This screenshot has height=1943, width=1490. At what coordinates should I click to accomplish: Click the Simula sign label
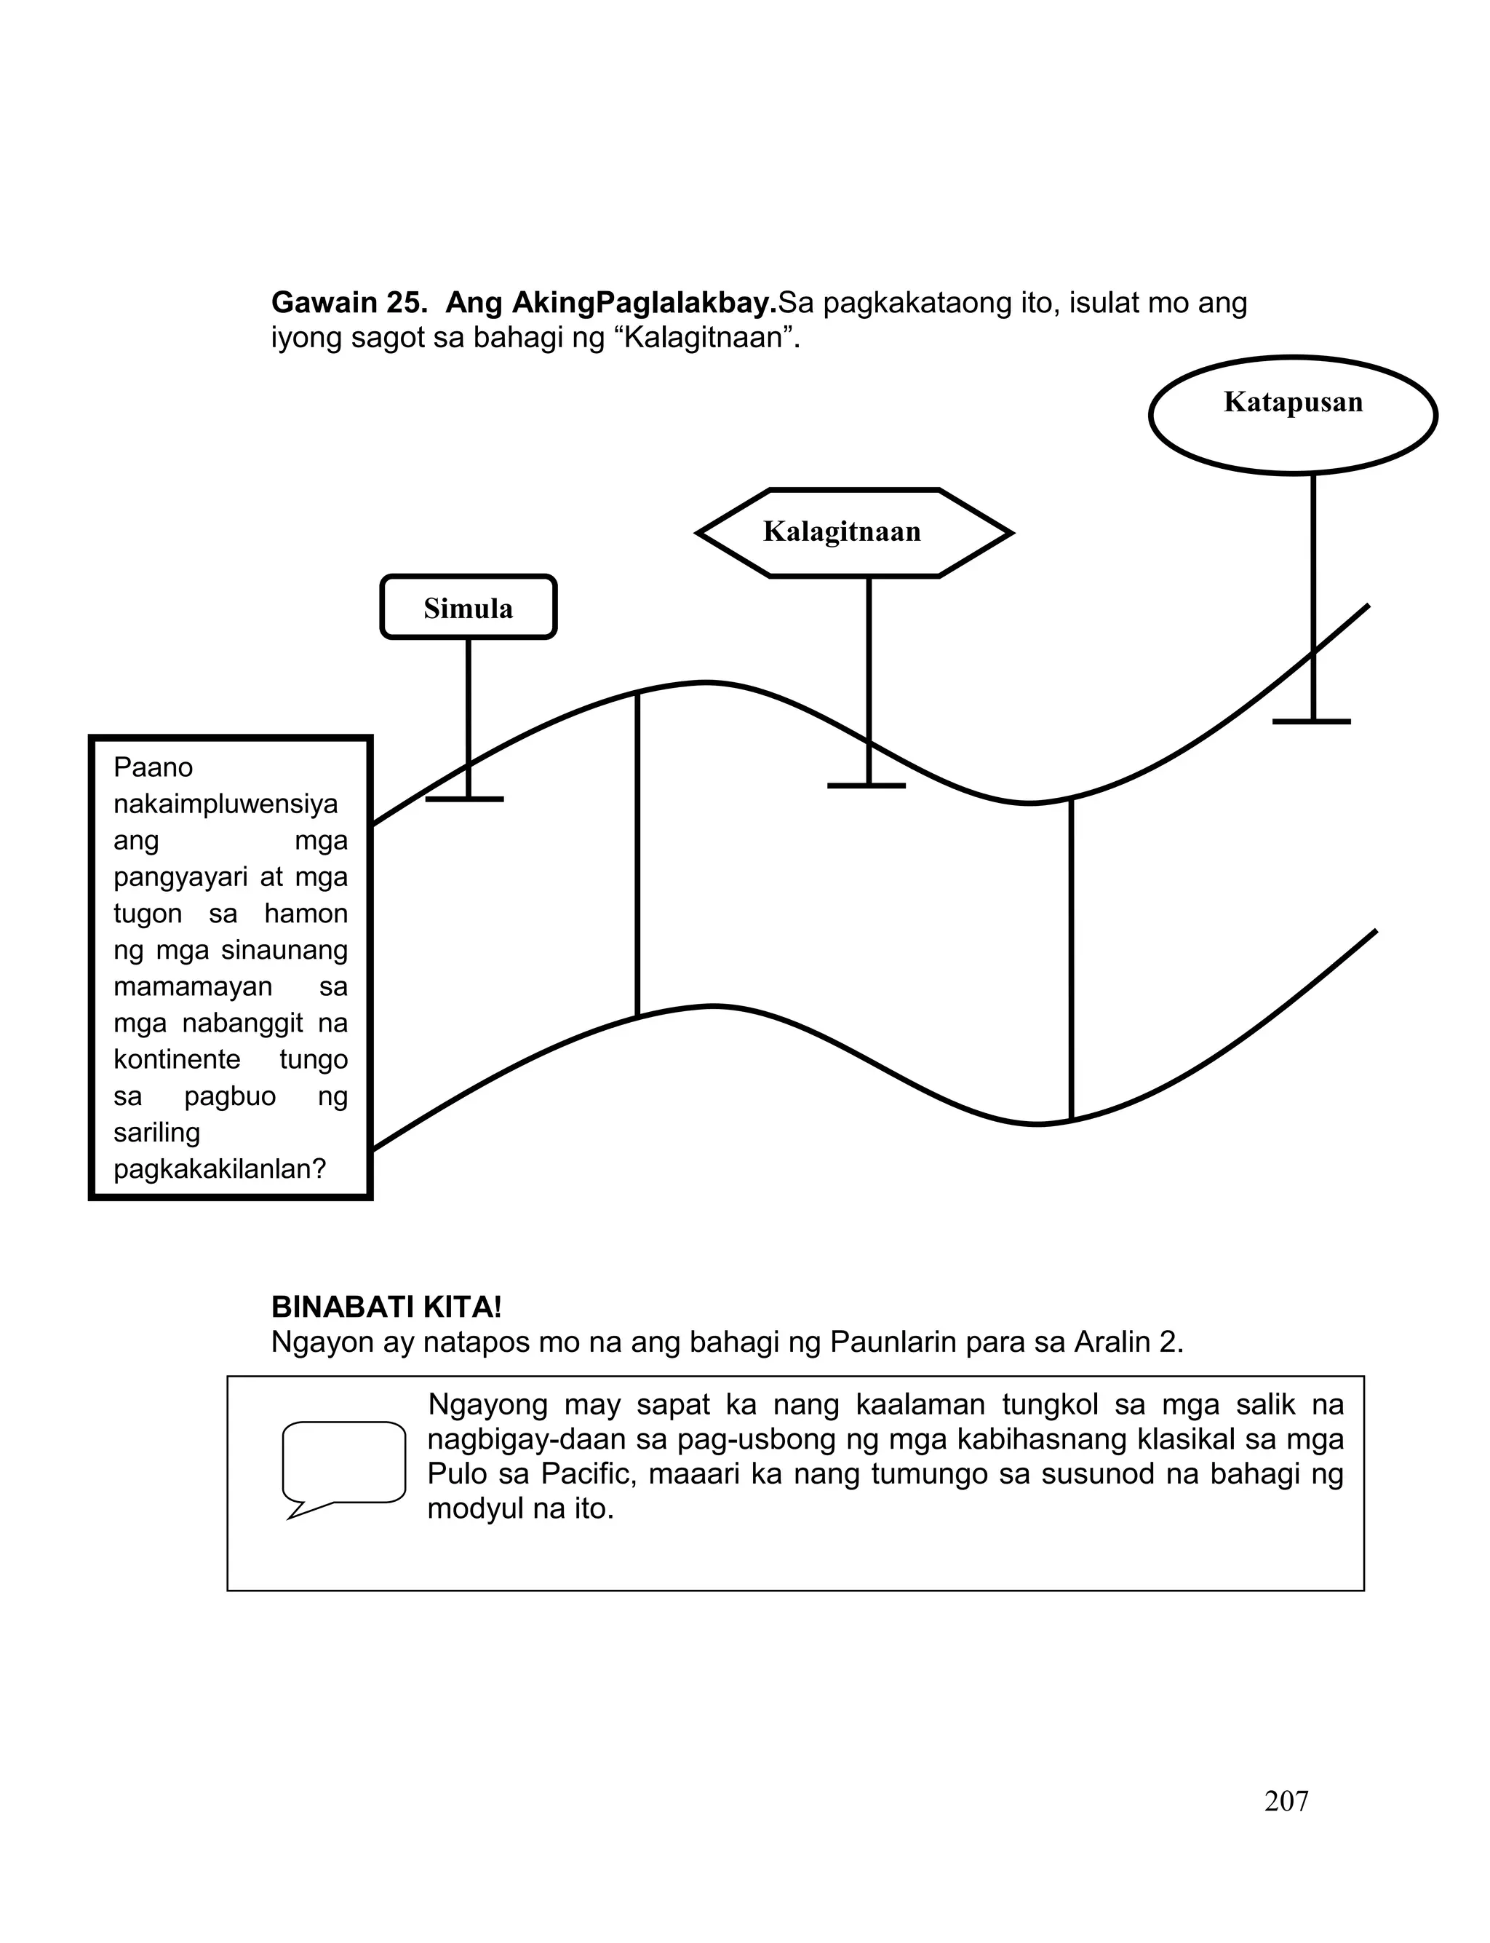pyautogui.click(x=469, y=609)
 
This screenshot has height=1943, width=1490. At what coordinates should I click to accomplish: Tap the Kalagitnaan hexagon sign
pyautogui.click(x=842, y=532)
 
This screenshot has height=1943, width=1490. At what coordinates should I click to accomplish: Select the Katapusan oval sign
pyautogui.click(x=1293, y=413)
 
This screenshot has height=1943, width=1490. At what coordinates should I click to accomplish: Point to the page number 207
pyautogui.click(x=1286, y=1802)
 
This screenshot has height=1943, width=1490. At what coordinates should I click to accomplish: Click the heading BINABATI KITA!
pyautogui.click(x=387, y=1307)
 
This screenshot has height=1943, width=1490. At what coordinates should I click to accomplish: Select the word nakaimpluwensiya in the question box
pyautogui.click(x=226, y=804)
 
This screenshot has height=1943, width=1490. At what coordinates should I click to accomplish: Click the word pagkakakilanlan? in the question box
pyautogui.click(x=220, y=1168)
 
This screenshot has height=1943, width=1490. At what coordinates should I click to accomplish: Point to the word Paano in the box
pyautogui.click(x=153, y=767)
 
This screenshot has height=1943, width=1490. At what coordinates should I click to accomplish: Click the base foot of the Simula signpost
pyautogui.click(x=465, y=799)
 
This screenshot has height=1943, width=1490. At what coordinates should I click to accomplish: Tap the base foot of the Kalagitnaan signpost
pyautogui.click(x=866, y=786)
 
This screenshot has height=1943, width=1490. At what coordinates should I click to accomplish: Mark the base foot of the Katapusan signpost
pyautogui.click(x=1312, y=722)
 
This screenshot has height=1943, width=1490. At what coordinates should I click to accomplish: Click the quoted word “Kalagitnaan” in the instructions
pyautogui.click(x=706, y=339)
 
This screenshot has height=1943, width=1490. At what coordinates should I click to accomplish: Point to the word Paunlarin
pyautogui.click(x=901, y=1342)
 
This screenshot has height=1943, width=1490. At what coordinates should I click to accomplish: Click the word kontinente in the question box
pyautogui.click(x=178, y=1059)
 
